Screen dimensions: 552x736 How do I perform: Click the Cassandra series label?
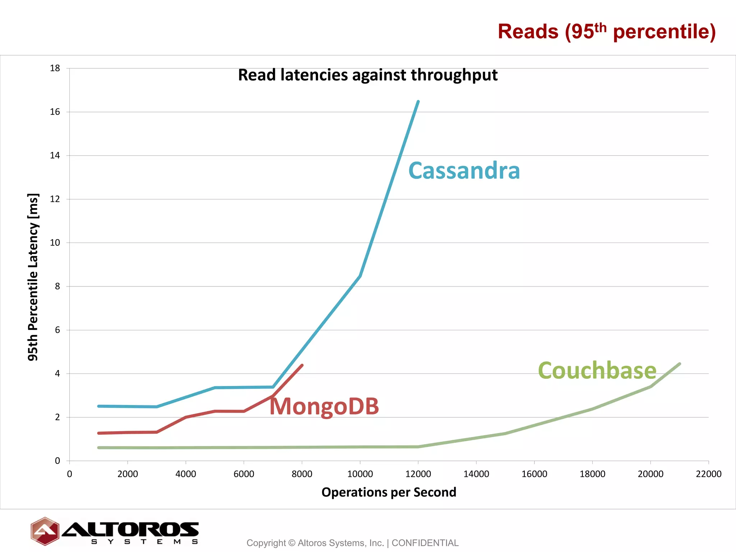click(x=464, y=171)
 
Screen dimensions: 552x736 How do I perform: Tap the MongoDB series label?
click(x=324, y=406)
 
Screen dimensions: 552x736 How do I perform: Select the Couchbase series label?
click(x=597, y=371)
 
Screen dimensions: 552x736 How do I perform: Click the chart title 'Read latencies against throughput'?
click(x=368, y=75)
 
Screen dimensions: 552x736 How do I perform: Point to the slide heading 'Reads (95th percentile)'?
click(x=607, y=32)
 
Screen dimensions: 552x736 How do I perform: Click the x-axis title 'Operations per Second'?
click(x=388, y=492)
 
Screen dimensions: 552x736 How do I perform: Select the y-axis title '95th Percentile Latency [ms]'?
click(x=33, y=277)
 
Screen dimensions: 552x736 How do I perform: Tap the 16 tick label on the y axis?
click(x=55, y=112)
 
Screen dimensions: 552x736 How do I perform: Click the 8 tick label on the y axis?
click(x=57, y=286)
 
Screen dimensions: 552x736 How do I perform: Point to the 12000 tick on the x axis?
click(x=418, y=474)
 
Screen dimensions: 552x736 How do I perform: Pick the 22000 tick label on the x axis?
click(x=708, y=474)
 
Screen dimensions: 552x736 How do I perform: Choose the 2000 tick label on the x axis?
click(x=128, y=474)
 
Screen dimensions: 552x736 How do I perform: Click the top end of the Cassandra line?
click(x=418, y=102)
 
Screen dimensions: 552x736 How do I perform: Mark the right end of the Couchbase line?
click(x=680, y=364)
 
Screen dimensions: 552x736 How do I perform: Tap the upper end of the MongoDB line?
click(x=302, y=365)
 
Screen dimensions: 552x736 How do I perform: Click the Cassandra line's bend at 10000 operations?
click(x=360, y=276)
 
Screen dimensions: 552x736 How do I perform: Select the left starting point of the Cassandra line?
click(x=98, y=406)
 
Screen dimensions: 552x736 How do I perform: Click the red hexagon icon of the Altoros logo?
click(x=45, y=531)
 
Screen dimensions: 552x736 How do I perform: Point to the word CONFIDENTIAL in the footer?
click(x=425, y=543)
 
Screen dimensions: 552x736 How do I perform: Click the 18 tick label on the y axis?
click(x=55, y=68)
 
